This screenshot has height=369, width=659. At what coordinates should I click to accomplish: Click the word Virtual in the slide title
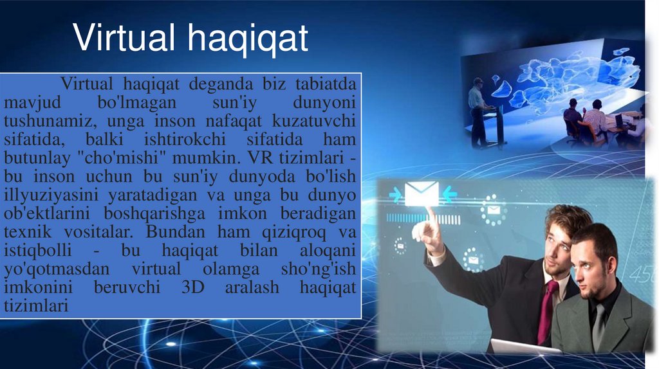click(124, 39)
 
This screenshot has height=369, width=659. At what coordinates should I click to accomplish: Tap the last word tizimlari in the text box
click(36, 307)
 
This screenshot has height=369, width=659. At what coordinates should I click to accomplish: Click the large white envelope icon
click(422, 194)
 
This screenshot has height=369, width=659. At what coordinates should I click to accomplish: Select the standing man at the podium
click(478, 113)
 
